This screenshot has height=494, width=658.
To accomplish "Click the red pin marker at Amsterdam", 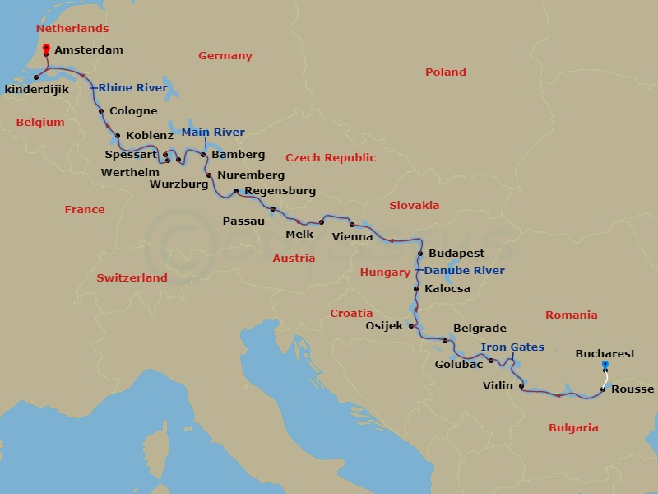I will (45, 49).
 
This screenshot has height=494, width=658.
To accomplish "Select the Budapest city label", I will (456, 254).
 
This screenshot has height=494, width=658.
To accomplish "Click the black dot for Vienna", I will (352, 225).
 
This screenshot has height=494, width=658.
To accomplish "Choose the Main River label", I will (213, 132).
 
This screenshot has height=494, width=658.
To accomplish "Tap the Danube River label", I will (465, 270).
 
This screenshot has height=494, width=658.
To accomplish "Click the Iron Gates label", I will (512, 347).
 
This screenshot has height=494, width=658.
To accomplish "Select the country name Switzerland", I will (132, 277).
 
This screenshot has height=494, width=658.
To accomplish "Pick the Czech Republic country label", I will (331, 157).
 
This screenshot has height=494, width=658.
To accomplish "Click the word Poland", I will (445, 72).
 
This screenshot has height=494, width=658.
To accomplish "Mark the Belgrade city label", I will (480, 328).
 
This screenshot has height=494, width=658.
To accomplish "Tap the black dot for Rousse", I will (604, 389).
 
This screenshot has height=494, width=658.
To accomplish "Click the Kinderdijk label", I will (35, 89).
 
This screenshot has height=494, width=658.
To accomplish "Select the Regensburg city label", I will (280, 191).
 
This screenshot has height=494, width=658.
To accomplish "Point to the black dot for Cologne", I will (100, 111).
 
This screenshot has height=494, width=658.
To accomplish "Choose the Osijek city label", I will (383, 325).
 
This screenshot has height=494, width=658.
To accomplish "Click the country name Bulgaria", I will (572, 427).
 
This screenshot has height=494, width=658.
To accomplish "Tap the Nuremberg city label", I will (251, 175).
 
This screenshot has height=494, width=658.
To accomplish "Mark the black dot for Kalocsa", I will (416, 289).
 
